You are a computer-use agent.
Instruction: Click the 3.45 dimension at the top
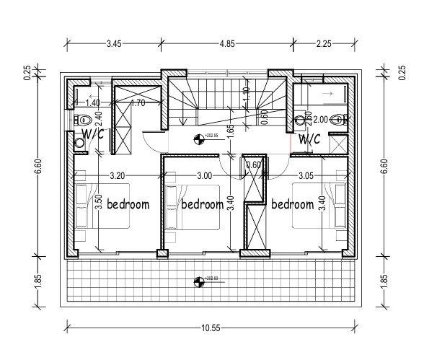coord(114,44)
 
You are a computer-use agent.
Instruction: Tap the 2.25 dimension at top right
coord(324,44)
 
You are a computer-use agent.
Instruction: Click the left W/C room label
coord(92,133)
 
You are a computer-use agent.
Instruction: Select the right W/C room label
coord(309,138)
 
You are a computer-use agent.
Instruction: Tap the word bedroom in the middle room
coord(203,204)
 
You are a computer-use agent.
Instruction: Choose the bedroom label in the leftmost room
coord(128,204)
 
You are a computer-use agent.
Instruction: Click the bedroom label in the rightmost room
coord(292,204)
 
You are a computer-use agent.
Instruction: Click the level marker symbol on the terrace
coord(199,280)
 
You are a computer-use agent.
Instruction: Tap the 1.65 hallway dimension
coord(229,132)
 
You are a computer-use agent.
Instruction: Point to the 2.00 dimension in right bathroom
coord(320,120)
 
